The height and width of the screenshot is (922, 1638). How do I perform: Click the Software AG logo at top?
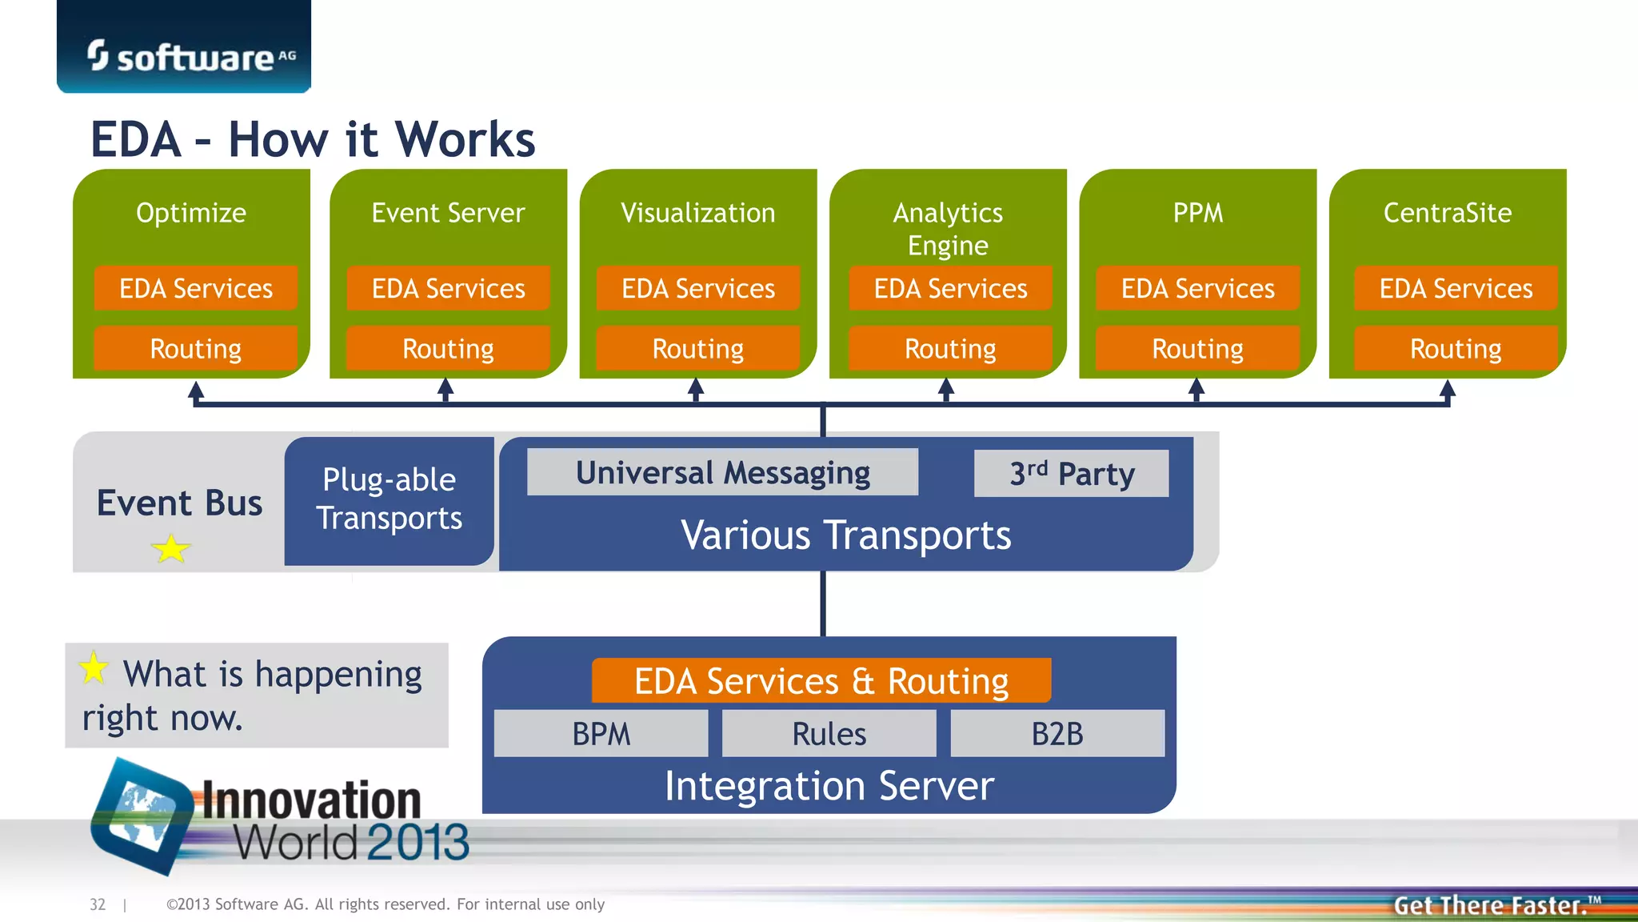[x=190, y=56]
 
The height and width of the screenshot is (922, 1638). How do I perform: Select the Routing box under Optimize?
[x=195, y=348]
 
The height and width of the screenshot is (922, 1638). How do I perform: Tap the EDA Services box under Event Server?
[x=448, y=288]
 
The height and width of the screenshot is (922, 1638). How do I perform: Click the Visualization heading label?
[x=697, y=213]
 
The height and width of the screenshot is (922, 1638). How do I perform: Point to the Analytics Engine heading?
[x=948, y=228]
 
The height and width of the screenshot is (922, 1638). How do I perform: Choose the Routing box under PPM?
[x=1197, y=348]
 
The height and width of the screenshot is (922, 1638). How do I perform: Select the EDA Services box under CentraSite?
[x=1456, y=288]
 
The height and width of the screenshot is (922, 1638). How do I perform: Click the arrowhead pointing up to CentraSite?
[x=1447, y=390]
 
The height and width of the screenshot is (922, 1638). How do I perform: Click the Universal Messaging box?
[x=722, y=472]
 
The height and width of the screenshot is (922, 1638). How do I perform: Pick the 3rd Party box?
[x=1071, y=473]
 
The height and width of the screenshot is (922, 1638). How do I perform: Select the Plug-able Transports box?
[x=389, y=499]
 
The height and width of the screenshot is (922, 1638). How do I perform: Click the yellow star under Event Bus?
[x=170, y=549]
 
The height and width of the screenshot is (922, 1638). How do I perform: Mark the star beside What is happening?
[x=94, y=667]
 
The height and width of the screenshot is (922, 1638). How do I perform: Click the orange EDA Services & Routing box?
[x=821, y=680]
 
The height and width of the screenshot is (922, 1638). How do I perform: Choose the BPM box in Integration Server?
[x=601, y=733]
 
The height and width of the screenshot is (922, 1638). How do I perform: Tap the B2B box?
[x=1057, y=733]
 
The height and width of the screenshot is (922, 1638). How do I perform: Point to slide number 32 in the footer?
[x=98, y=904]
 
